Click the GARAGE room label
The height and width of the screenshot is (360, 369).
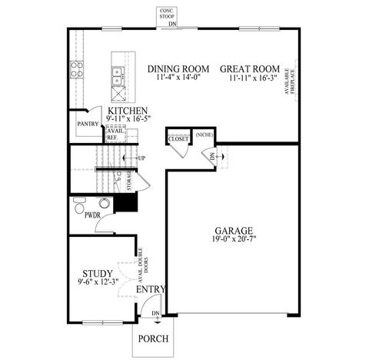pyautogui.click(x=232, y=229)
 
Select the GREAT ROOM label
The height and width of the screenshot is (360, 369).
pyautogui.click(x=249, y=68)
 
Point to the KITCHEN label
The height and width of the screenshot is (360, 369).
pyautogui.click(x=128, y=111)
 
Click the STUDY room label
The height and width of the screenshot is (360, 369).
pyautogui.click(x=97, y=273)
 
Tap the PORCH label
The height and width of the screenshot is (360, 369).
pyautogui.click(x=153, y=338)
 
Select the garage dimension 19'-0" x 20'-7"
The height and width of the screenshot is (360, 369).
pyautogui.click(x=232, y=240)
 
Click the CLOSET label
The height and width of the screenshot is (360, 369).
pyautogui.click(x=178, y=139)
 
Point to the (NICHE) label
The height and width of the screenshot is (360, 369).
pyautogui.click(x=204, y=135)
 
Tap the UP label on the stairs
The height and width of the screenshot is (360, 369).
pyautogui.click(x=141, y=158)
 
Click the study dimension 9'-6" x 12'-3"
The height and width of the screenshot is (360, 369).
pyautogui.click(x=98, y=283)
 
